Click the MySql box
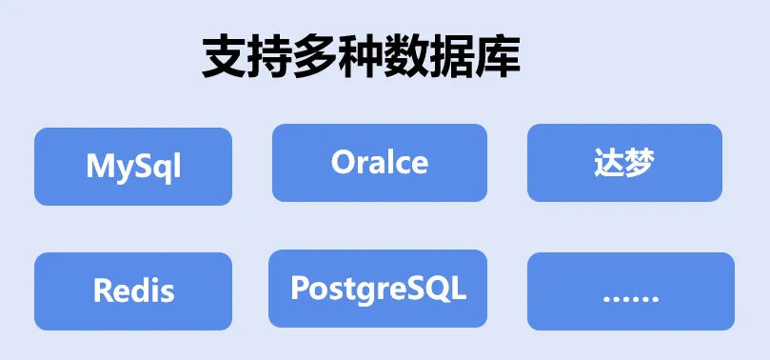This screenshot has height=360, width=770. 133,167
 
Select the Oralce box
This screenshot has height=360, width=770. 379,163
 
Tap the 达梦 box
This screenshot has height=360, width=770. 624,163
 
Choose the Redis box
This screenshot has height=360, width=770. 133,290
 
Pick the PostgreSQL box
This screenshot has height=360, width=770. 378,288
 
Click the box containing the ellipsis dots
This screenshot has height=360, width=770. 630,291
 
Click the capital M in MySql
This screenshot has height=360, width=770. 99,167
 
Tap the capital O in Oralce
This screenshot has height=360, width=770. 343,162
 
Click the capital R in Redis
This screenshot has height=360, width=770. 103,290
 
